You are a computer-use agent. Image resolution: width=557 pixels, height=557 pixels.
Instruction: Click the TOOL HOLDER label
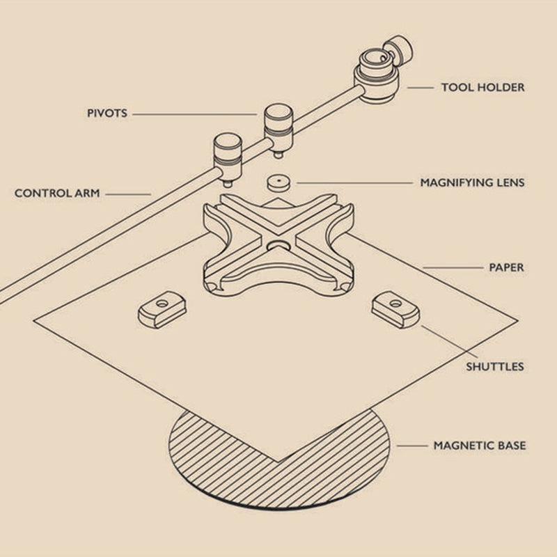point(483,88)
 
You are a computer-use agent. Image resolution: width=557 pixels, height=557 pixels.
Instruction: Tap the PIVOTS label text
point(107,113)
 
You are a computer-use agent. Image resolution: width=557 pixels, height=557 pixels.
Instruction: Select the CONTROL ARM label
point(57,193)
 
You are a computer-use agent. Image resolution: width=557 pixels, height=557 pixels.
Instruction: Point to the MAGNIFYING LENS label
point(472,183)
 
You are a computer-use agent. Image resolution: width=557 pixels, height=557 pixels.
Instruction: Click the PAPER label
point(506,267)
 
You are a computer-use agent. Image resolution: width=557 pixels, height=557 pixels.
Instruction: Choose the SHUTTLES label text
point(494,366)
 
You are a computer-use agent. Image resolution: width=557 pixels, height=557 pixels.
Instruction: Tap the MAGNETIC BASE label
point(479,445)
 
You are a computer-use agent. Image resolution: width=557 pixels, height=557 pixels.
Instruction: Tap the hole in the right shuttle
point(395,302)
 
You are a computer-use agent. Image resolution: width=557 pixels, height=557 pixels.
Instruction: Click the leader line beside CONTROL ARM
point(130,194)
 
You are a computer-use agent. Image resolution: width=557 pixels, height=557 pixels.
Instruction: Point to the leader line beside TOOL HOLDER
point(421,88)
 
